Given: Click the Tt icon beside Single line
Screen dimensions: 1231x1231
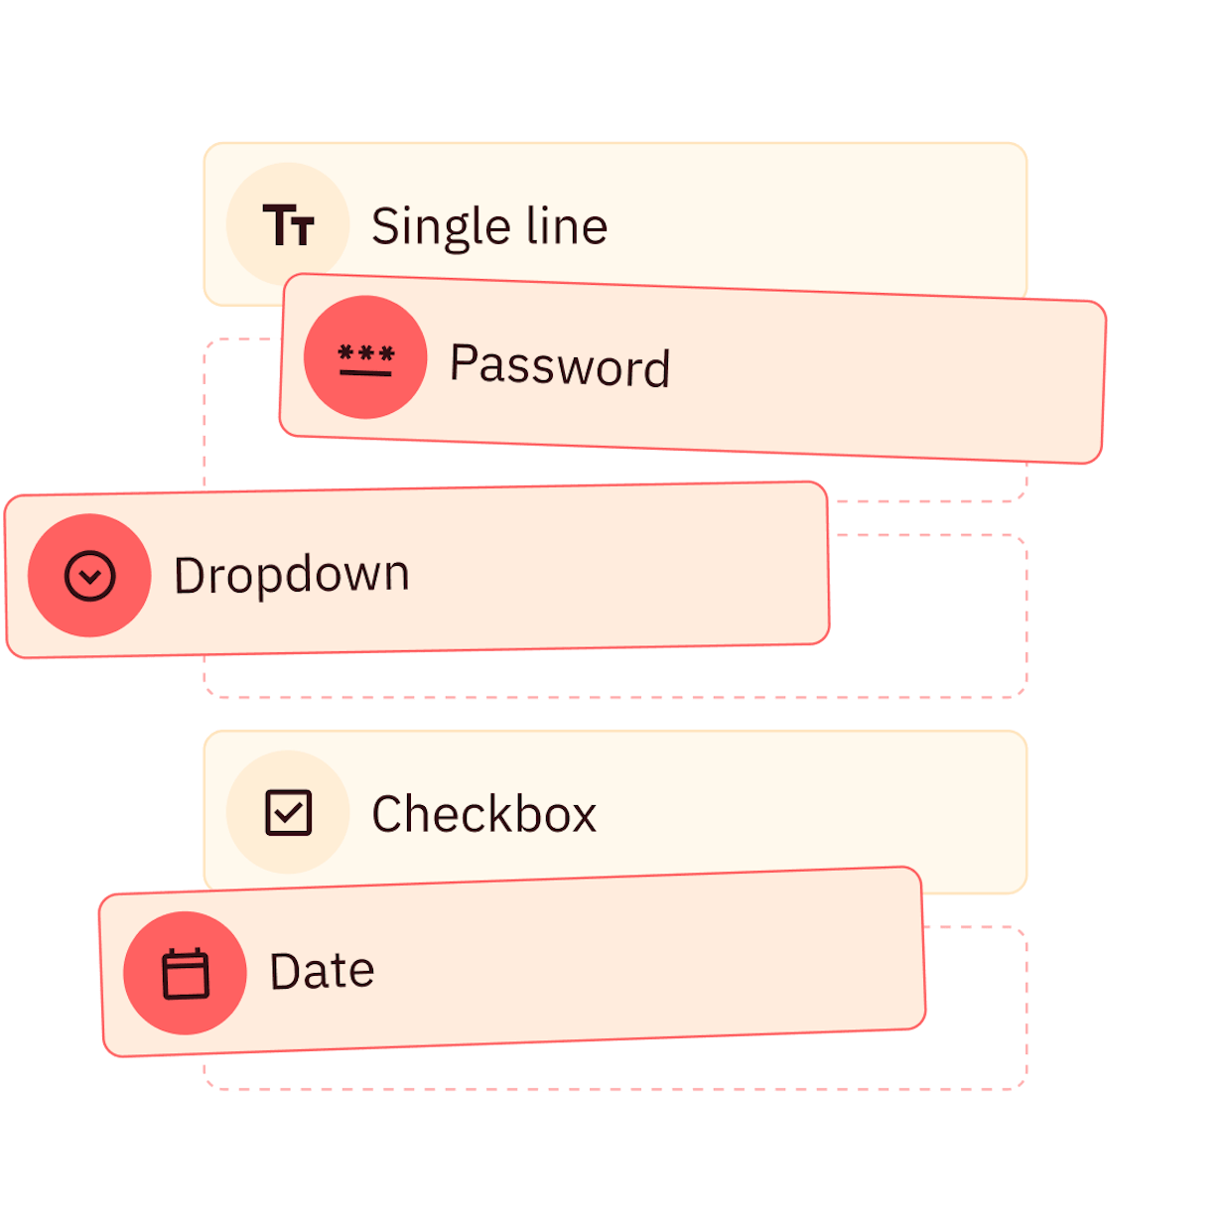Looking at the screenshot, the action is (288, 225).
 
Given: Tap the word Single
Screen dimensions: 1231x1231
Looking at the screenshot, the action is (442, 226).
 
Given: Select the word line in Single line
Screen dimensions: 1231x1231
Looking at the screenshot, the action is (567, 225).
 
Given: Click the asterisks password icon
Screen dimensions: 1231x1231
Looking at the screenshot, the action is (366, 359).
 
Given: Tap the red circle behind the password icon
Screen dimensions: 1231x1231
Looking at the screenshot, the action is (365, 357).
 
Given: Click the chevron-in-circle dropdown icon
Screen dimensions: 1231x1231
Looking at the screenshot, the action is (90, 576).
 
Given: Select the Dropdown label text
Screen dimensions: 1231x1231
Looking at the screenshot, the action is (292, 576).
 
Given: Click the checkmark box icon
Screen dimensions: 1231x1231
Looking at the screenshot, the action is (289, 813).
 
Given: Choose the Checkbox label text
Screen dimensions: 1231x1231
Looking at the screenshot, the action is (484, 814).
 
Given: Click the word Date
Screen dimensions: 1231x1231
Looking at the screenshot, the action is (322, 971).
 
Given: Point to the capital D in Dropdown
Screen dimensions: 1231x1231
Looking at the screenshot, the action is (191, 576).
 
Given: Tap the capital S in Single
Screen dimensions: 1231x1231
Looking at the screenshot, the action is (387, 225).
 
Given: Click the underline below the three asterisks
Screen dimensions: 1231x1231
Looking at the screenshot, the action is (365, 373).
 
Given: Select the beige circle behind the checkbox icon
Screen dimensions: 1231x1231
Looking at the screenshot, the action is (288, 812).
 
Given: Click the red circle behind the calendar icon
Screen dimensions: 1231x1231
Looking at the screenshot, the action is (186, 973).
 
